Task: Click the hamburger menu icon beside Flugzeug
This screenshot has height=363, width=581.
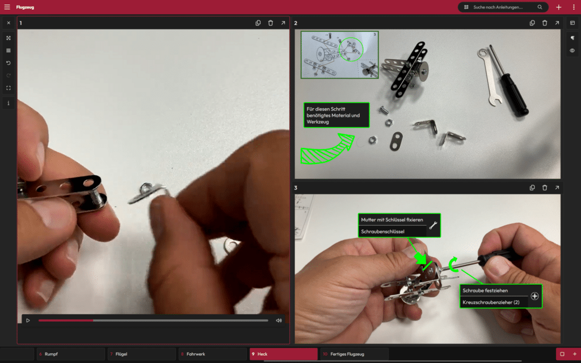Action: click(x=7, y=7)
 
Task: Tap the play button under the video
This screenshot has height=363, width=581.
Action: click(x=28, y=320)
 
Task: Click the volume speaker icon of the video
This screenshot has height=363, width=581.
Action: click(x=279, y=320)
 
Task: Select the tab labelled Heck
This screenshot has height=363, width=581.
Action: click(x=284, y=354)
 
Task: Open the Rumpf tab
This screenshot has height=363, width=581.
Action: click(x=70, y=354)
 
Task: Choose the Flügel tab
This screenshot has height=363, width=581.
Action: click(x=141, y=354)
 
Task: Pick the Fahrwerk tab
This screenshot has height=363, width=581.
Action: click(x=213, y=354)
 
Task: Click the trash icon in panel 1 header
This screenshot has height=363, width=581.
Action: click(x=271, y=23)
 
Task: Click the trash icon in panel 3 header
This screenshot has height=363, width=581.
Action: click(x=545, y=188)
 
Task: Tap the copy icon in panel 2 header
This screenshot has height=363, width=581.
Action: click(x=532, y=23)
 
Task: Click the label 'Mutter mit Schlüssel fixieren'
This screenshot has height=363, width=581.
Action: click(x=391, y=220)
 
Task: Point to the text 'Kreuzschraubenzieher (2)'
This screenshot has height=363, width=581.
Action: click(x=491, y=302)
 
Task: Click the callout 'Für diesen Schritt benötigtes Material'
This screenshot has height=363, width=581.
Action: click(x=336, y=115)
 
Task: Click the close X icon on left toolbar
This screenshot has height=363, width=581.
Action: click(x=9, y=23)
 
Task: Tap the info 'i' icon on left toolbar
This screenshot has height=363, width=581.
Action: click(x=9, y=103)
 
